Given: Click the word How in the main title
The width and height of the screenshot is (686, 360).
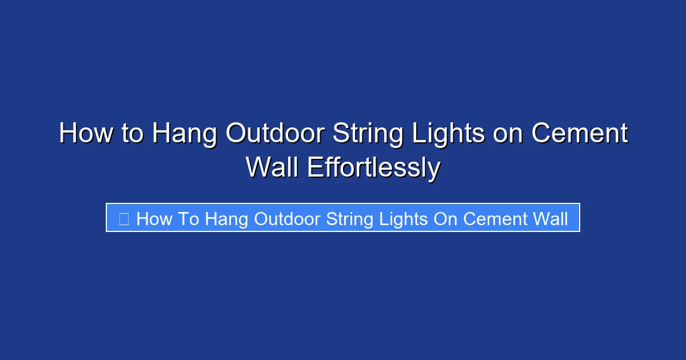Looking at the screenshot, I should pyautogui.click(x=85, y=134).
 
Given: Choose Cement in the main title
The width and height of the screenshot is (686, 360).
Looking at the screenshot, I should pyautogui.click(x=579, y=134).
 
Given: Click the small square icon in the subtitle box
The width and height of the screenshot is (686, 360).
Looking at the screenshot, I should pyautogui.click(x=123, y=218).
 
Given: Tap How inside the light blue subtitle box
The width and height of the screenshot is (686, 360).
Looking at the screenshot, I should pyautogui.click(x=154, y=218).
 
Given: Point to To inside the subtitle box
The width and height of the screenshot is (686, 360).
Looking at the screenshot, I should pyautogui.click(x=188, y=218).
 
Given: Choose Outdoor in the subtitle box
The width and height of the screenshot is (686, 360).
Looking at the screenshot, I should pyautogui.click(x=288, y=218).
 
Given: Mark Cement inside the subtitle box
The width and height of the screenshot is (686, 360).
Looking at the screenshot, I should pyautogui.click(x=495, y=218).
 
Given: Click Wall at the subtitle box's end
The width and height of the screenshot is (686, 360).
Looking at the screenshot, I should pyautogui.click(x=550, y=218).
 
